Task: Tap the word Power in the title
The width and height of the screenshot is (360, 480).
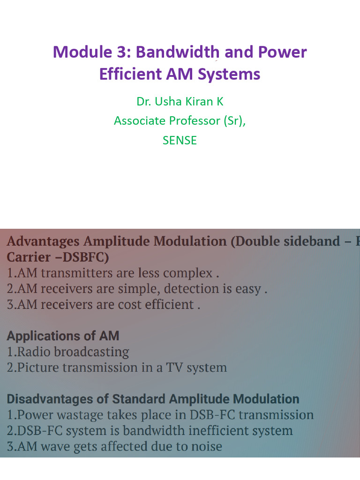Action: (x=284, y=52)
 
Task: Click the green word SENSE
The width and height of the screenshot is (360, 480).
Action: (x=180, y=140)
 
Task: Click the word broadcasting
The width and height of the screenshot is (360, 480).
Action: (x=92, y=352)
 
